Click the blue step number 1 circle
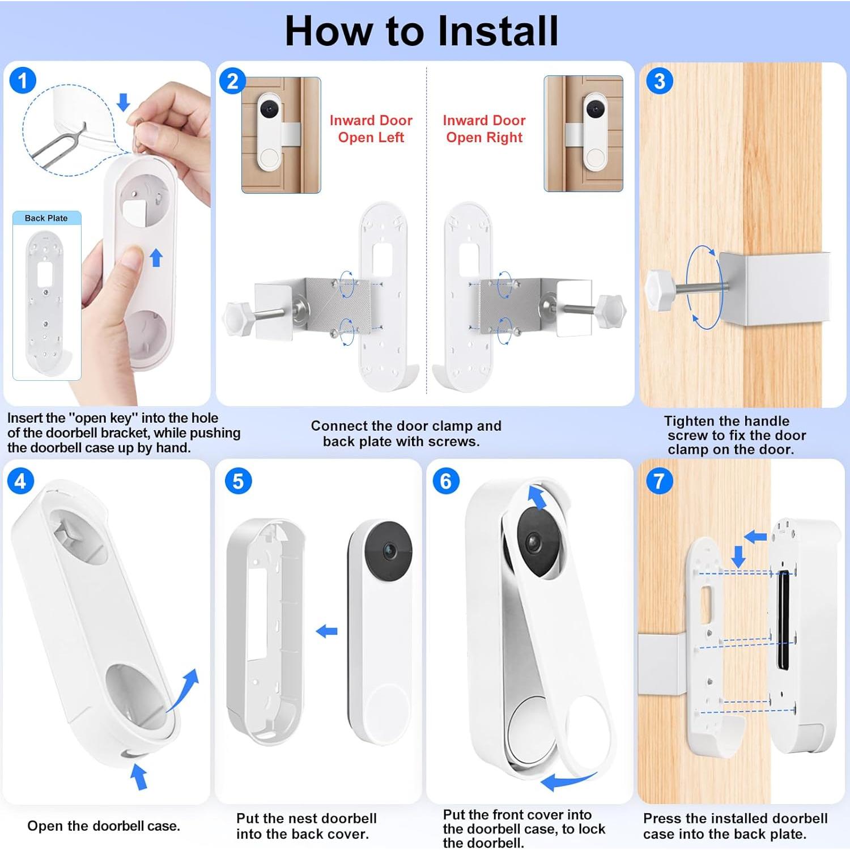[x=23, y=80]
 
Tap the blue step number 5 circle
[x=238, y=481]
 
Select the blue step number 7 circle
[x=659, y=481]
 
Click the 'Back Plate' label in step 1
[x=46, y=218]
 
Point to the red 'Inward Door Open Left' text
[x=371, y=129]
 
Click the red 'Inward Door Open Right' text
[x=484, y=129]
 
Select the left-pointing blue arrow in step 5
[x=326, y=631]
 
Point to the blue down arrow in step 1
[x=124, y=103]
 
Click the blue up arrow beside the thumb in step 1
[x=156, y=258]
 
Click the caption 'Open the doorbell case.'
[x=104, y=826]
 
